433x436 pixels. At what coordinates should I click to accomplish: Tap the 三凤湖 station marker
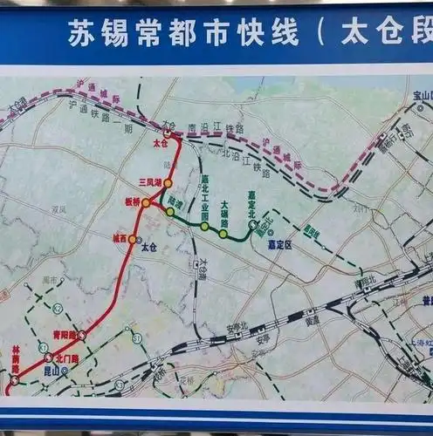[x=168, y=183]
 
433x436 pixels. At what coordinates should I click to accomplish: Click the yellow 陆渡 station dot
[x=170, y=212]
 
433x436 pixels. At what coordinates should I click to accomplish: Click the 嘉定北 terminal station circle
[x=251, y=226]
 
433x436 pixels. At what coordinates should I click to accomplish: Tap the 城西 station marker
[x=133, y=238]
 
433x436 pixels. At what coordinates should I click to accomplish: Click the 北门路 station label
[x=66, y=358]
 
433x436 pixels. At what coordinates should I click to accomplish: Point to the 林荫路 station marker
[x=14, y=380]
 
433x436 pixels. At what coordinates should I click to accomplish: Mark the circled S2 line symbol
[x=58, y=309]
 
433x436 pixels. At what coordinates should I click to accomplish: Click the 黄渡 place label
[x=312, y=320]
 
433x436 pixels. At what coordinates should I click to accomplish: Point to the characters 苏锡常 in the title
[x=105, y=35]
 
